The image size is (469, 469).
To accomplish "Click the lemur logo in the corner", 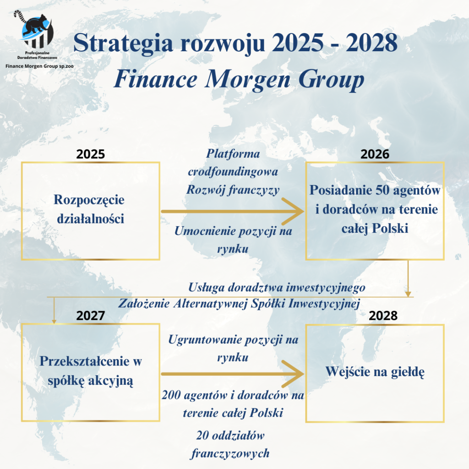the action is point(34,29).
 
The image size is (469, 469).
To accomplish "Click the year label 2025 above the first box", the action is point(90,154).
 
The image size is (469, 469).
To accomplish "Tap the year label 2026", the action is point(375,154).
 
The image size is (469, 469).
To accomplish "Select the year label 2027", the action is point(90,316).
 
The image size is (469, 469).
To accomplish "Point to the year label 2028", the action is point(383,316).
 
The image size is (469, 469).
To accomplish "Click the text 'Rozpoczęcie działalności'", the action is point(90,209).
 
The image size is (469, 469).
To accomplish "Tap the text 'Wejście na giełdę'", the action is point(375,372).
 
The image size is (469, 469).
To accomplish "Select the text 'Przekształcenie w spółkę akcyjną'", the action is point(91,371).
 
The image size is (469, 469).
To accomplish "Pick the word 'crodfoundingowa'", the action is point(233,172).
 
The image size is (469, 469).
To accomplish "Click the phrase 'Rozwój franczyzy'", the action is point(233,190).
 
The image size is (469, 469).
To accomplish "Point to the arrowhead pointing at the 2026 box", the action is point(294,211).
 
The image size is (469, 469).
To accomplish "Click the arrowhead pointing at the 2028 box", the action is point(294,374).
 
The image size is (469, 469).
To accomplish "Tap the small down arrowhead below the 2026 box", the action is point(408,294).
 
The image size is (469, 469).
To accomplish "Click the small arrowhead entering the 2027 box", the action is point(54,321).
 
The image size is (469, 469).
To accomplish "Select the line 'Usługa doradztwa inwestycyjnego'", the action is point(277,288).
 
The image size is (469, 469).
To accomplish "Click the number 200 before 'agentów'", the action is point(171,395).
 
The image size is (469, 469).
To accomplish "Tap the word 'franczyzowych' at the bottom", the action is point(230,454).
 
